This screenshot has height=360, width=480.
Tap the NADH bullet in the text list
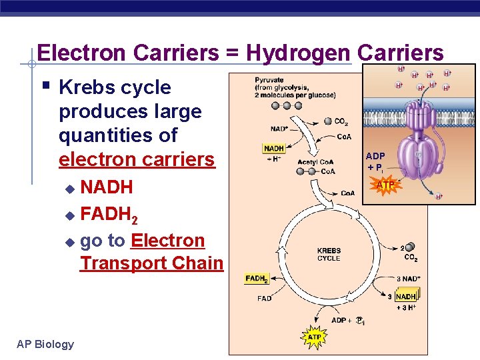pyautogui.click(x=107, y=187)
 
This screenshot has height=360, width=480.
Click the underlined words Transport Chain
pyautogui.click(x=151, y=263)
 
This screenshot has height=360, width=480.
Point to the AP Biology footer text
pyautogui.click(x=45, y=344)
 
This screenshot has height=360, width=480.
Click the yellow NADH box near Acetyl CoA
pyautogui.click(x=274, y=149)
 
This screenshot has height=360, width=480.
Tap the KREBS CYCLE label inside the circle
pyautogui.click(x=329, y=255)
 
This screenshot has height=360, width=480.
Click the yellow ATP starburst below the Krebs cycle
pyautogui.click(x=314, y=337)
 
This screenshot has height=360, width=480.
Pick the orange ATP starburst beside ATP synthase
pyautogui.click(x=386, y=185)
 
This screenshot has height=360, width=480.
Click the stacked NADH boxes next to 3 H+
pyautogui.click(x=406, y=296)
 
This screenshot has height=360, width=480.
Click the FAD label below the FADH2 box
pyautogui.click(x=264, y=299)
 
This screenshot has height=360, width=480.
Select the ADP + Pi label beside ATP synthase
pyautogui.click(x=375, y=161)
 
